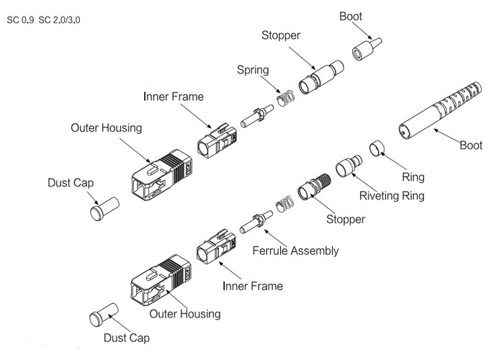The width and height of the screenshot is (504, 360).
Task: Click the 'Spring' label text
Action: click(253, 70)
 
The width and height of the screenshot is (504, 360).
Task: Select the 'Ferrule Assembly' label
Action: click(295, 251)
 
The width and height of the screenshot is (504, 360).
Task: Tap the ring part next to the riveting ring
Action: click(376, 149)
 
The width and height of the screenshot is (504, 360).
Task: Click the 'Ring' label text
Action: click(413, 177)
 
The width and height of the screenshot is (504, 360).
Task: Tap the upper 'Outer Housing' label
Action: click(106, 127)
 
